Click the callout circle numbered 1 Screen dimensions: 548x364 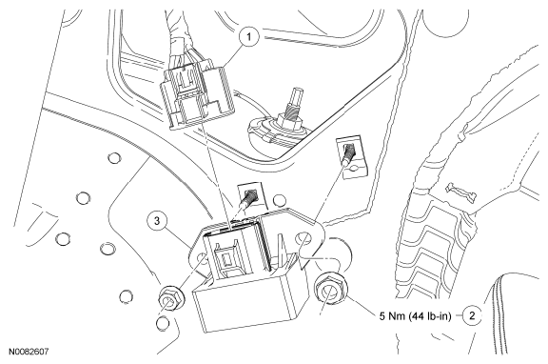point(249,36)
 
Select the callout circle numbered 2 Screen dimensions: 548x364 point(472,315)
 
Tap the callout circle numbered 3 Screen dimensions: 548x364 point(157,221)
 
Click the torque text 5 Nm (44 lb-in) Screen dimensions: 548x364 point(415,316)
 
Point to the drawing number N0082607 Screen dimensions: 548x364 point(29,351)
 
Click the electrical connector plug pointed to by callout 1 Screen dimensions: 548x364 point(197,95)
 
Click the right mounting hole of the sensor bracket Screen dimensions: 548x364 point(303,239)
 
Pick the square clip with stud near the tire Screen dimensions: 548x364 point(352,157)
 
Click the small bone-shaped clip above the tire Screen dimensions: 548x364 point(460,192)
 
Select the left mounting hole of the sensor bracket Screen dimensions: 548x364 point(202,258)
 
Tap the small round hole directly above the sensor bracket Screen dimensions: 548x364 point(279,201)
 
